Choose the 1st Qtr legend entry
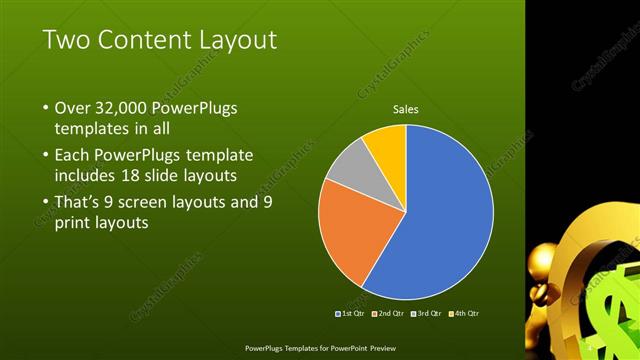pos(349,314)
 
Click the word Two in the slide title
pos(66,41)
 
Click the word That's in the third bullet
pos(80,202)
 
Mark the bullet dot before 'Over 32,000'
pos(45,108)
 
